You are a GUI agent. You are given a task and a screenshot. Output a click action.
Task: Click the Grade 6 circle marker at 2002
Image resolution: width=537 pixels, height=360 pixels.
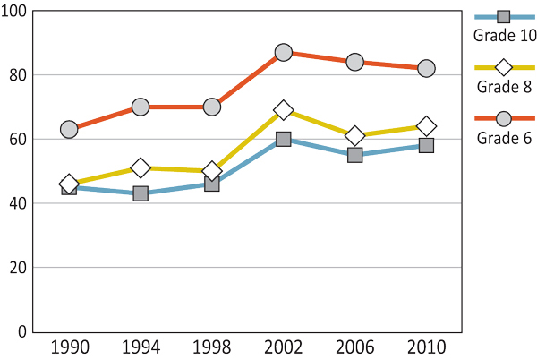[284, 53]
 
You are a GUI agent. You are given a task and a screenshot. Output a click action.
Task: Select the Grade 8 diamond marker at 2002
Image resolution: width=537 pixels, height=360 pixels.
[284, 110]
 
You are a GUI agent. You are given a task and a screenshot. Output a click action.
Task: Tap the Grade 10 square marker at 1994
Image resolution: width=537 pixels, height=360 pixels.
[141, 193]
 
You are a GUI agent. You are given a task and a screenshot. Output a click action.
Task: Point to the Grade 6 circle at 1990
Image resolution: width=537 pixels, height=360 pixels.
[69, 129]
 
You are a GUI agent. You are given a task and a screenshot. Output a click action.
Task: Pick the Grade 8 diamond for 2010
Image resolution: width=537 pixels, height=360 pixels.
[427, 126]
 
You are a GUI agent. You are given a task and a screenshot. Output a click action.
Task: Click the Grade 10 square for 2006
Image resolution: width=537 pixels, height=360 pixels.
[355, 155]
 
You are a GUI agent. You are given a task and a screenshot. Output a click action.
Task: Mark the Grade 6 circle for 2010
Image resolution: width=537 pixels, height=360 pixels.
[427, 69]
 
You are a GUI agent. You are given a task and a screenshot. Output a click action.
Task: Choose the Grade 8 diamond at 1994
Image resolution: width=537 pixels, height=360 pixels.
[141, 167]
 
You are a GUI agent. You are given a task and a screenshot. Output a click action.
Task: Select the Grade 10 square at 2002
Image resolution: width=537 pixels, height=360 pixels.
[284, 139]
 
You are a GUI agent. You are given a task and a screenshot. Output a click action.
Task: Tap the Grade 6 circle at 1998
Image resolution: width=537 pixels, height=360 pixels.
[212, 107]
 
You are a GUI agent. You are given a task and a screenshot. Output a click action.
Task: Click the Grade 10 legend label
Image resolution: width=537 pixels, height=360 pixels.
[504, 36]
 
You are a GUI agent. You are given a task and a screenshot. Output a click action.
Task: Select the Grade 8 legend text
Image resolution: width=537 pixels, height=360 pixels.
[504, 87]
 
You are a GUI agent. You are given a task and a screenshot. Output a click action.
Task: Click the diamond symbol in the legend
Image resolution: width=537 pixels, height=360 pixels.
[504, 67]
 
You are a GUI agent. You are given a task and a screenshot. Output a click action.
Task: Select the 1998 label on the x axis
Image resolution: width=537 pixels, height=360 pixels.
[212, 347]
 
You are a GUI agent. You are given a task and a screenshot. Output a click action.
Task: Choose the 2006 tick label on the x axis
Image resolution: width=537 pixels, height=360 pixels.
[355, 347]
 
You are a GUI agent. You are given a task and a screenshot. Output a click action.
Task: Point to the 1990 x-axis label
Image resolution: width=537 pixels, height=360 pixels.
[69, 347]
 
